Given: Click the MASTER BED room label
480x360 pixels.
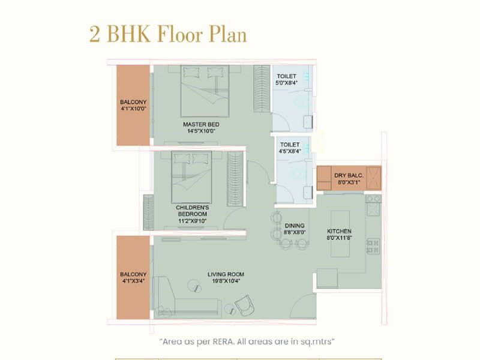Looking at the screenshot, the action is coord(201,125).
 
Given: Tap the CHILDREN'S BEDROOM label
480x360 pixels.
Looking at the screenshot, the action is coord(192,211).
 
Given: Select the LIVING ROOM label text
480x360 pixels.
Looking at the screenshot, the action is coord(226,274).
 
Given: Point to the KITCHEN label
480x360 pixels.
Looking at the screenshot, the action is coord(339,231).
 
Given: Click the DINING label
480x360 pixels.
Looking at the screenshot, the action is coord(295,226).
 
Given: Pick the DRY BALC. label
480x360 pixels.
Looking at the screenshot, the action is coord(349,175).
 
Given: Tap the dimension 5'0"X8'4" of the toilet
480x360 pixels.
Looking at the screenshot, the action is coord(287,83).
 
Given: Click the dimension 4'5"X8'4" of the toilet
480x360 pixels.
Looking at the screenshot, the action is coord(290,151).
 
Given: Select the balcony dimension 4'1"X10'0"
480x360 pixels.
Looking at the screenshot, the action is coord(133,109).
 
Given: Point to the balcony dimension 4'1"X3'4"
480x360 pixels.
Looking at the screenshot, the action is coord(133,281).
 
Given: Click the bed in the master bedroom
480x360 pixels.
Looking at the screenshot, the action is coord(205,91).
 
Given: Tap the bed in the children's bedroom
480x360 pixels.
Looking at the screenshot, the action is coord(191,177).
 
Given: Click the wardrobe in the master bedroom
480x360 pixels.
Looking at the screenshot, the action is coord(262,88).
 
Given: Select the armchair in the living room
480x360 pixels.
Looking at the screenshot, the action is coord(245,305).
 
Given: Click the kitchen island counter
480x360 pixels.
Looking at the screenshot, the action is coord(340,233).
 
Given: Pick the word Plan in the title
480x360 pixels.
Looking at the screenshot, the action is coord(228,34).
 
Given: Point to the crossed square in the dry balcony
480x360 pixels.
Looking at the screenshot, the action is coord(373,178).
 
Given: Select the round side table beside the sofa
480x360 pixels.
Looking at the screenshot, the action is coord(194,286).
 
